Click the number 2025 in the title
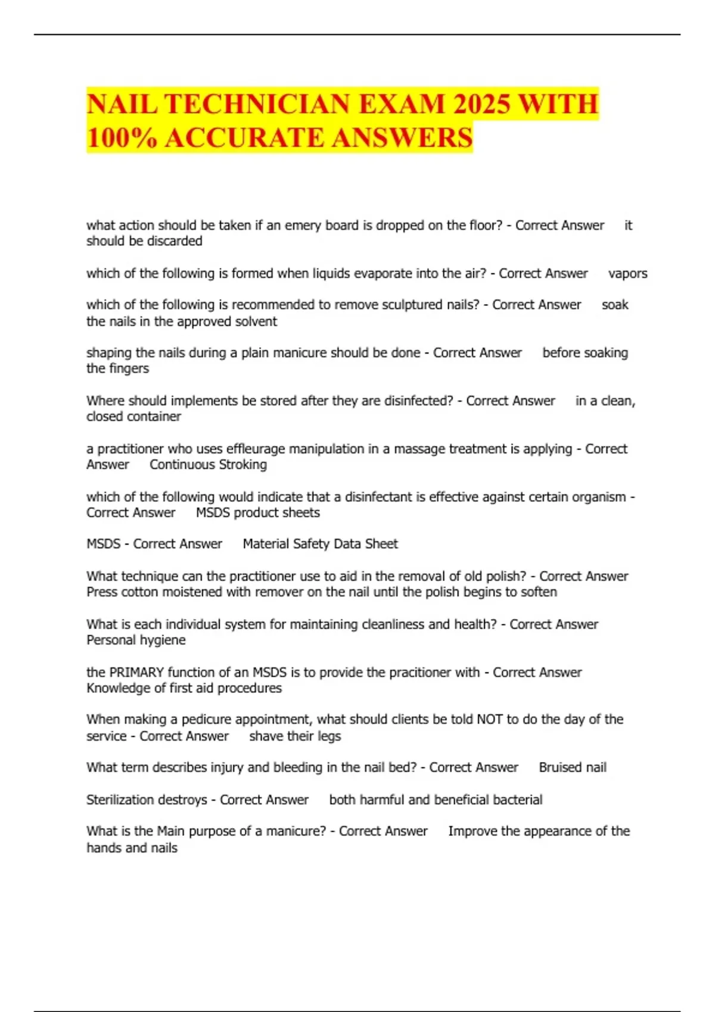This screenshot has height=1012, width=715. (x=481, y=104)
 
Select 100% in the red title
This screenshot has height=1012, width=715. (x=122, y=138)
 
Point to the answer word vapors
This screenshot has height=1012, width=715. (x=627, y=274)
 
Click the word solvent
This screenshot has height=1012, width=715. (x=257, y=321)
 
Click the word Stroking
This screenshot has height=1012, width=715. (x=242, y=465)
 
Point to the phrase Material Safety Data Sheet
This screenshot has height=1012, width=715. (x=320, y=544)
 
